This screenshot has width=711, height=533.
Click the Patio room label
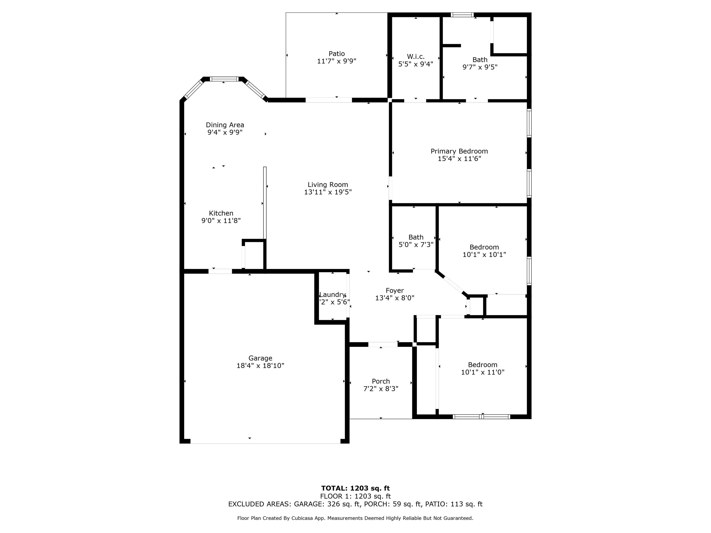pos(337,54)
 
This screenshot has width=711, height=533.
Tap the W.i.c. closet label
pos(416,56)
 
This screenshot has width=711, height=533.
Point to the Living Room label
pos(328,185)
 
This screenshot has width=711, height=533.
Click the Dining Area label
pos(225,125)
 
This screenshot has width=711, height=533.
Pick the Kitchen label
pos(221,213)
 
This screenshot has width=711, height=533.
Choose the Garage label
pos(260,358)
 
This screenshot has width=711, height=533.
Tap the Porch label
pos(381,381)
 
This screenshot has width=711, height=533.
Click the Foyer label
pos(395,291)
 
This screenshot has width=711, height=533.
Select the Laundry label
pos(332,295)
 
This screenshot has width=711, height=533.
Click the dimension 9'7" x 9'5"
pos(480,67)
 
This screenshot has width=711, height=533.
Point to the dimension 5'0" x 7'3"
pos(416,245)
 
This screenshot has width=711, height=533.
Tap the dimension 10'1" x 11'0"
pos(483,372)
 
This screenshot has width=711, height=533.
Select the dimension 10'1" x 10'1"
pos(484,254)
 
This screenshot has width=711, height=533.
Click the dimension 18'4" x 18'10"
pos(260,366)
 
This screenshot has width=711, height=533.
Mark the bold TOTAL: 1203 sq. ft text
pos(355,488)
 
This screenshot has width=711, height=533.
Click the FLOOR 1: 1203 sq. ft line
pos(355,496)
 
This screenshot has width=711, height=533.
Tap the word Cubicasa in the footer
pos(304,518)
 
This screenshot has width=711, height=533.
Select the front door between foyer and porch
pos(383,344)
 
